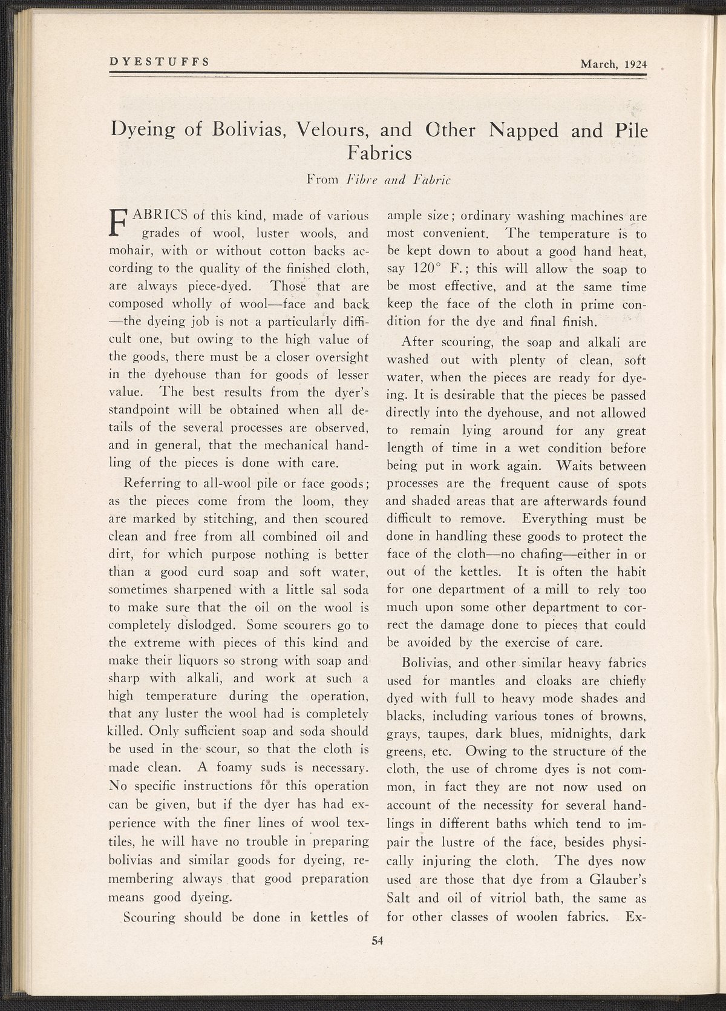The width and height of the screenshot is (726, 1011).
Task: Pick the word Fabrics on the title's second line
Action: [x=379, y=153]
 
